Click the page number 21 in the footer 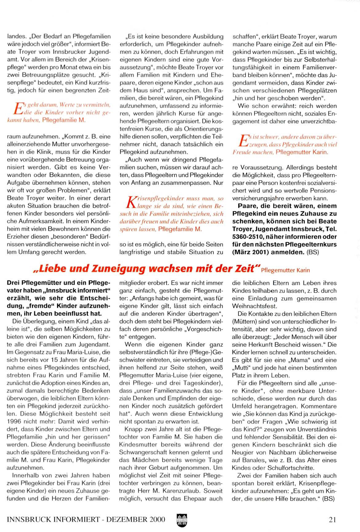(x=332, y=520)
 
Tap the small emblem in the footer (x=182, y=520)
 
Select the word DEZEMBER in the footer (x=127, y=520)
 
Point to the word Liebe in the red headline (x=50, y=269)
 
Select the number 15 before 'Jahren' (x=46, y=360)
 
